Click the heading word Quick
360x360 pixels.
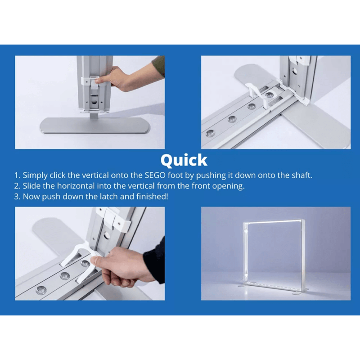(184, 161)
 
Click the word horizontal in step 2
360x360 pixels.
(76, 186)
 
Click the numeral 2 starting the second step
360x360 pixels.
(17, 186)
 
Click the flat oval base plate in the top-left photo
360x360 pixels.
(94, 126)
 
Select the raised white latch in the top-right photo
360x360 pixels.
(257, 94)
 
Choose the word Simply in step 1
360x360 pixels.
(35, 175)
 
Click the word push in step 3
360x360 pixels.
(51, 197)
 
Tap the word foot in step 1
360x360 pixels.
(175, 175)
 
